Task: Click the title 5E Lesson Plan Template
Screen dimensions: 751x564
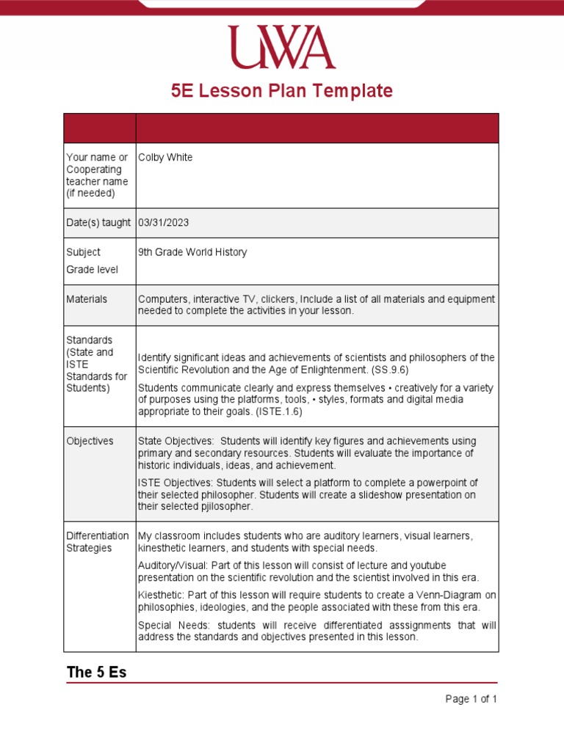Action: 281,91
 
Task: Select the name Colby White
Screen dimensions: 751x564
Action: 165,158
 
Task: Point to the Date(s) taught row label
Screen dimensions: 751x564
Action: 98,222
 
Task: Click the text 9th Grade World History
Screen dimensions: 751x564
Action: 192,252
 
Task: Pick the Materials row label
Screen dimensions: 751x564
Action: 87,299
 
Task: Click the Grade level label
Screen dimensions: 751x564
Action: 92,270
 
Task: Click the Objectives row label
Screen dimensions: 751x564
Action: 90,442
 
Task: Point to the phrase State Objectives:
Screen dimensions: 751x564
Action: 176,442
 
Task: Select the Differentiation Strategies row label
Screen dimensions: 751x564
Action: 97,542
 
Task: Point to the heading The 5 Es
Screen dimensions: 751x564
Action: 96,673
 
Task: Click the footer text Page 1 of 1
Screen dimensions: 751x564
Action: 471,699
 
